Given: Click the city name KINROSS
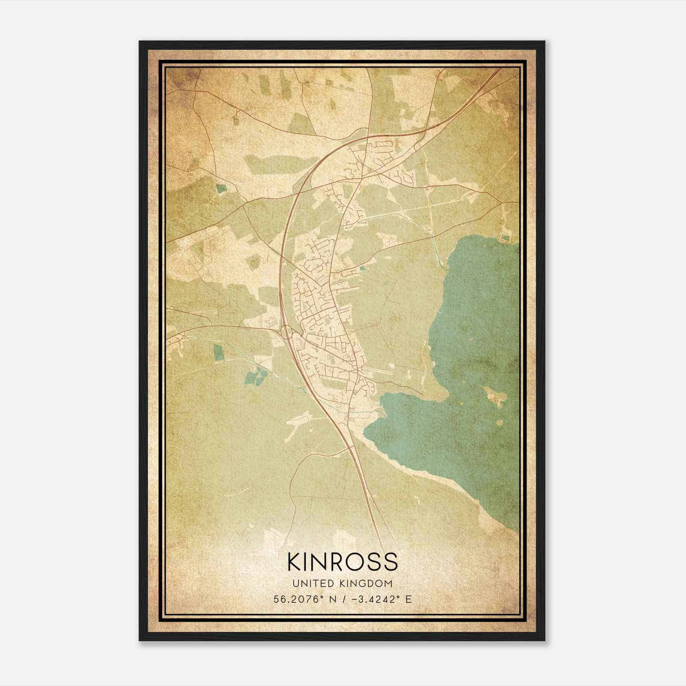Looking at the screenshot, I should (343, 562).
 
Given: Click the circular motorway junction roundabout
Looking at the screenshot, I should (286, 331).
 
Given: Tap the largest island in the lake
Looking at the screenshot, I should (494, 396).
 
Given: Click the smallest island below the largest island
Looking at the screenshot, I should (499, 423).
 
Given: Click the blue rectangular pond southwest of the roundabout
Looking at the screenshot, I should (219, 352).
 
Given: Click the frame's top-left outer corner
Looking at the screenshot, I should (140, 42).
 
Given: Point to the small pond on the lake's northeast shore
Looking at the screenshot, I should (506, 237).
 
